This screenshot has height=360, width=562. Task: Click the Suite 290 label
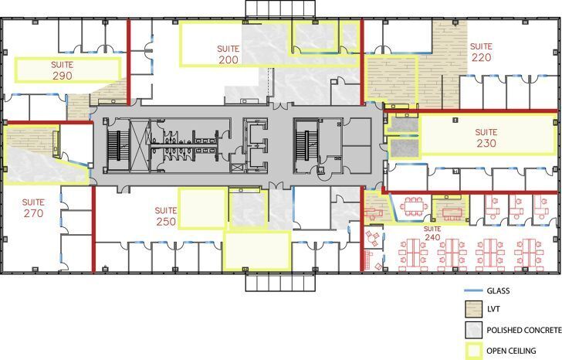63,71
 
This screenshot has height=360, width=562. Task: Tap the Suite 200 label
229,53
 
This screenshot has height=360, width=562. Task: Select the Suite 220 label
481,52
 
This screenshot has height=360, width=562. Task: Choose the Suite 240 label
432,233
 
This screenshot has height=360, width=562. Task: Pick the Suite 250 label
166,216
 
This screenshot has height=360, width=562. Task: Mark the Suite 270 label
33,207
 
